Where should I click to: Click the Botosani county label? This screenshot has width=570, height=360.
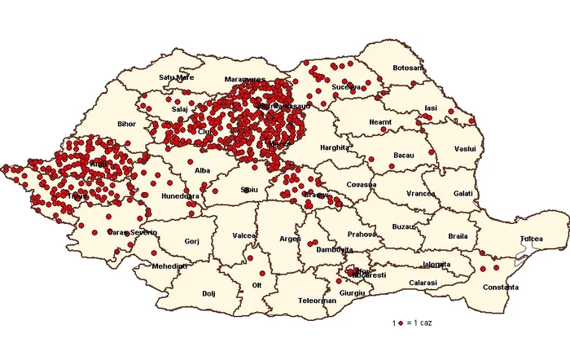pos(408,68)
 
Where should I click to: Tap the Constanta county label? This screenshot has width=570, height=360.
pos(500,288)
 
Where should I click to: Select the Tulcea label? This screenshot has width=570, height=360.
pos(532,239)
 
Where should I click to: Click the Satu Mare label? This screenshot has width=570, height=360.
pos(177,78)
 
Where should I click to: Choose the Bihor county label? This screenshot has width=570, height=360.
pos(127,125)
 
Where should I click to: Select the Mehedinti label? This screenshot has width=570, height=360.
pos(170,266)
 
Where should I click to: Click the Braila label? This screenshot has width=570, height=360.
pos(458,236)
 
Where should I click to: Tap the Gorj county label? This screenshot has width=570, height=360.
pos(192,242)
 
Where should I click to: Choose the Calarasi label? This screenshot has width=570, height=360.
pos(423,283)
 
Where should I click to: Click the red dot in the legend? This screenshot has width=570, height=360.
pos(400,323)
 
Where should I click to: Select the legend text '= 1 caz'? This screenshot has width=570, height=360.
pos(419,323)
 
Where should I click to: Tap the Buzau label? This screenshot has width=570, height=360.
pos(402,226)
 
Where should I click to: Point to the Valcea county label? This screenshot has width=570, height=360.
pos(244,235)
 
